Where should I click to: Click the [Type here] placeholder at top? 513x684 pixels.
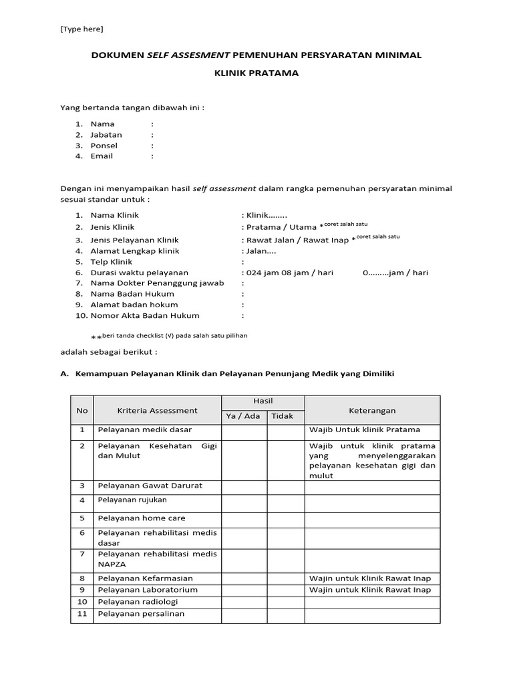81,29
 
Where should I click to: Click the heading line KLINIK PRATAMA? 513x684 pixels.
256,73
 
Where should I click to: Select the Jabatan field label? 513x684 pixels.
106,134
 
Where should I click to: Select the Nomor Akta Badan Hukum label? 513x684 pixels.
145,315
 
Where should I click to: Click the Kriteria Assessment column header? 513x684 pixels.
157,410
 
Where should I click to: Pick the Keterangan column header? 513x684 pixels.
372,410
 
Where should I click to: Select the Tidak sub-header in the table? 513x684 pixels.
286,417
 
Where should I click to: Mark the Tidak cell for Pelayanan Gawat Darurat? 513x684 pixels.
286,486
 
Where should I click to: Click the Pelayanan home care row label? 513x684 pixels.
141,518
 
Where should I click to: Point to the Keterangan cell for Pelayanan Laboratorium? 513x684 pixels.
372,590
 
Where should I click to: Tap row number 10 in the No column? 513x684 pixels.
82,602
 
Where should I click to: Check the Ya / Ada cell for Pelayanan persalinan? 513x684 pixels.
244,615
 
